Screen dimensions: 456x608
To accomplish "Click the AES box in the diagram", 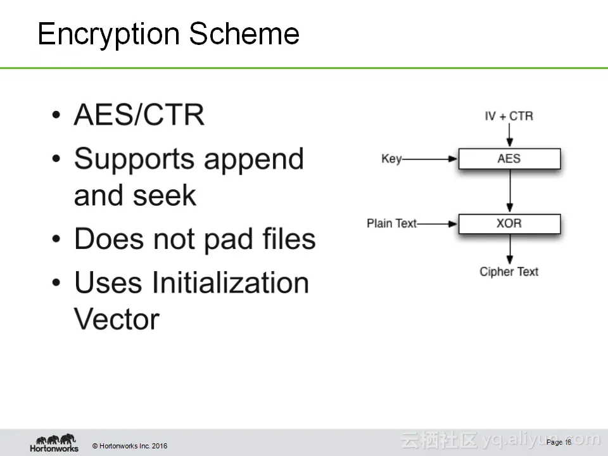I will (x=509, y=158).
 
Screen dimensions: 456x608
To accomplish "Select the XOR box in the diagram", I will (x=509, y=224).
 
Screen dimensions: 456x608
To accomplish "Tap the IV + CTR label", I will (x=509, y=116).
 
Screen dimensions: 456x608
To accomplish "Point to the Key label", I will (x=391, y=158).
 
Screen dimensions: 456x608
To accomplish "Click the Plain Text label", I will (x=392, y=224).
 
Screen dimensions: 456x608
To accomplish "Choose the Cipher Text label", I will (x=509, y=272).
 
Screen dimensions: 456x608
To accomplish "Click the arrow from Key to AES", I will (x=431, y=159).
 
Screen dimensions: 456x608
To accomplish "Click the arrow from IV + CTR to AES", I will (x=510, y=136).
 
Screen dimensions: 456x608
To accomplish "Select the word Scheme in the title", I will (x=244, y=34).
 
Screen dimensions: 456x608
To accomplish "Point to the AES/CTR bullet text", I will (x=139, y=115).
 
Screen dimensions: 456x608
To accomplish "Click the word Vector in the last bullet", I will (x=117, y=319).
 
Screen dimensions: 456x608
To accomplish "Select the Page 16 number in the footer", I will (x=559, y=442).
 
